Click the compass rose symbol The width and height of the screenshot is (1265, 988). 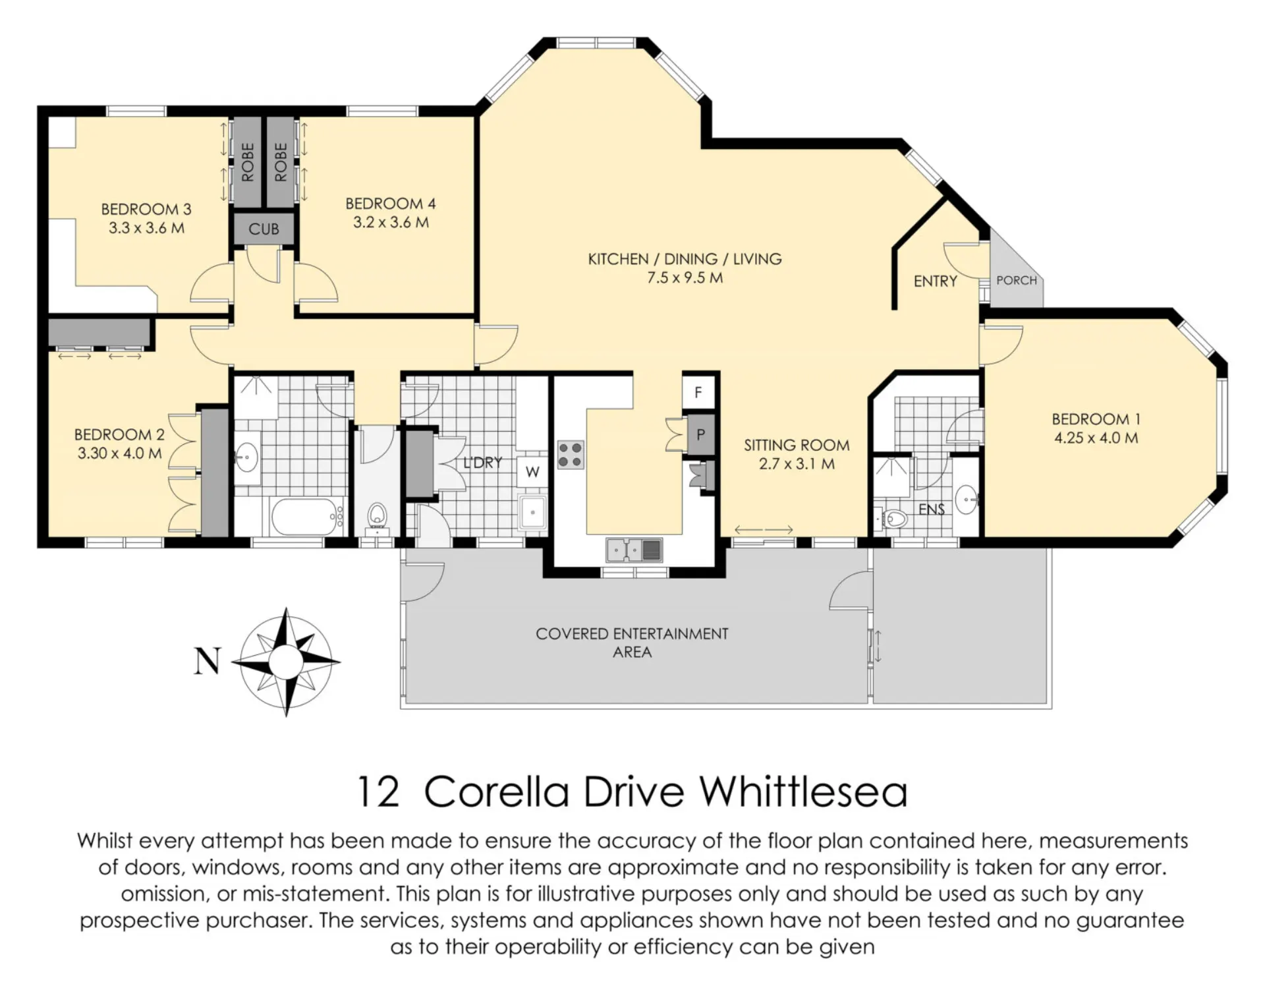(286, 661)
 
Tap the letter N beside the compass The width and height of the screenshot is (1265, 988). (207, 660)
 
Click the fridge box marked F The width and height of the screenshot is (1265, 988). (698, 393)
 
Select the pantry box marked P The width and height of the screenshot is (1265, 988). (700, 434)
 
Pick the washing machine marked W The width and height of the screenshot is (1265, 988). (532, 471)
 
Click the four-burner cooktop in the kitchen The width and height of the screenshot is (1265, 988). (571, 455)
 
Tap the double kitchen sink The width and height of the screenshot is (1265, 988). (634, 550)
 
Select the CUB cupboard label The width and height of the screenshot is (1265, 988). (264, 229)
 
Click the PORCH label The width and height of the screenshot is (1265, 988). (1017, 280)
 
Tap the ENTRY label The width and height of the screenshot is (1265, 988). (935, 281)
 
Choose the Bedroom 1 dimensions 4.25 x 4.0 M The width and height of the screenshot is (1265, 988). (1096, 438)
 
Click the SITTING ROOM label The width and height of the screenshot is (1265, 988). (797, 445)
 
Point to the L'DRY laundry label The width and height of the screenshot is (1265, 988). (482, 463)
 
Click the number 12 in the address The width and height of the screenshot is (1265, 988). (378, 792)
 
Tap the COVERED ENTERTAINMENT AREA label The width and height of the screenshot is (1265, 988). (632, 643)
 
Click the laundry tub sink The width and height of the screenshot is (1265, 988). (532, 512)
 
